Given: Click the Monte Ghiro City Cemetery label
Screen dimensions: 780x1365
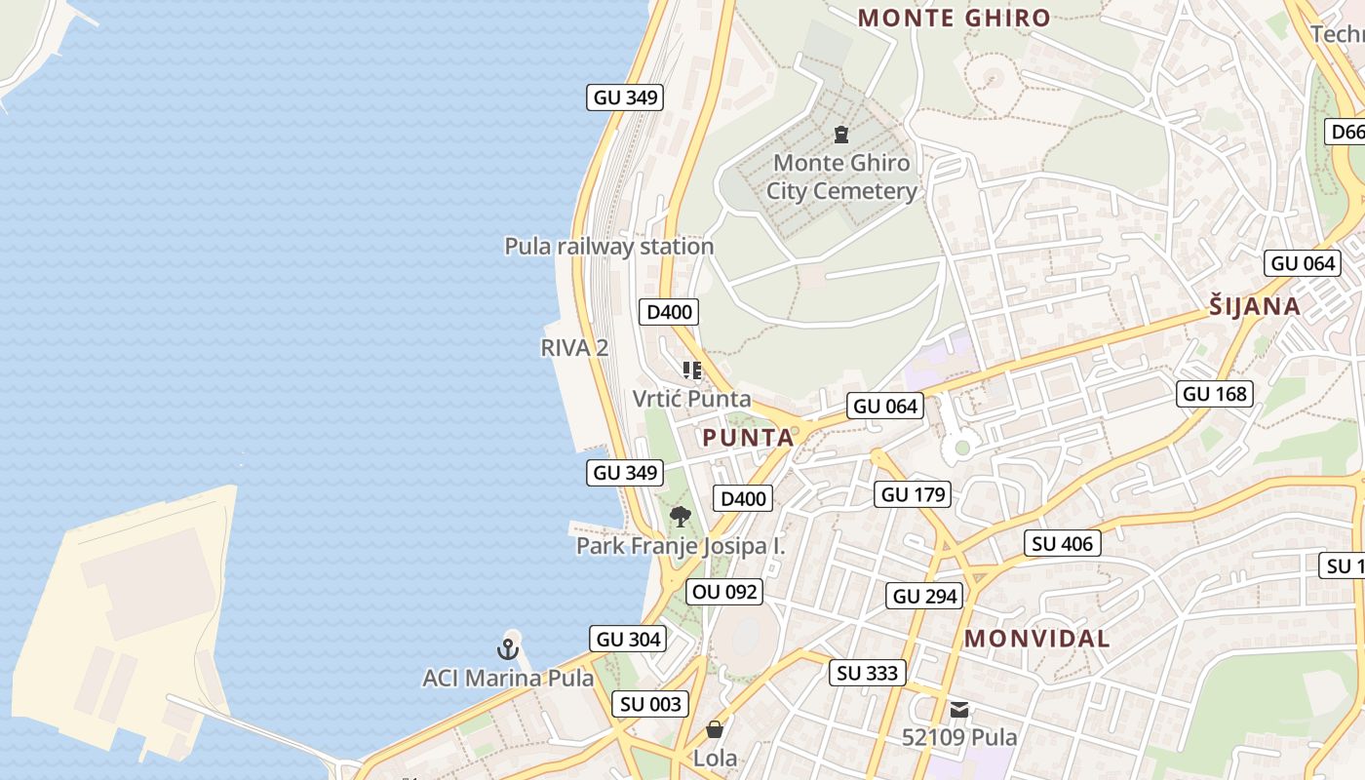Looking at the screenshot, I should (x=841, y=176).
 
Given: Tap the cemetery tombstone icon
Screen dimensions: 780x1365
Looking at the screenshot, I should (x=841, y=135).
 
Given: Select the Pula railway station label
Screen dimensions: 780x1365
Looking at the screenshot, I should (x=608, y=247).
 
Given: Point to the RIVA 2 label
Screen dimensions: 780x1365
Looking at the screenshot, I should (x=574, y=348).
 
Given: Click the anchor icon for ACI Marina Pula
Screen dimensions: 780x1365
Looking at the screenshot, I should (x=508, y=648).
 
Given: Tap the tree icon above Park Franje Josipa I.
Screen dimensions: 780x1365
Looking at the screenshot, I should (x=681, y=517).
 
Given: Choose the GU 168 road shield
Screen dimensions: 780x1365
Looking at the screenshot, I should (x=1214, y=394).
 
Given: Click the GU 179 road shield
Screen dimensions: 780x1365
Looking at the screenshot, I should (x=913, y=494).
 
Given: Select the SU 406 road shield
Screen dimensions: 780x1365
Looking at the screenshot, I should (x=1063, y=543).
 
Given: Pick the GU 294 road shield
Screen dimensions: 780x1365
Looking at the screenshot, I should (x=925, y=596).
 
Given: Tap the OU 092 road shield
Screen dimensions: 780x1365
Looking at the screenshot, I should (x=723, y=592).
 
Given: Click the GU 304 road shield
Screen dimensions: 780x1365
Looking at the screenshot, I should (x=628, y=640).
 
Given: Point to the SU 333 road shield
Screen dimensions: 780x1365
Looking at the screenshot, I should (x=868, y=673).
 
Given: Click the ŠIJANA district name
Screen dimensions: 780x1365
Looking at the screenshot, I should (x=1255, y=306).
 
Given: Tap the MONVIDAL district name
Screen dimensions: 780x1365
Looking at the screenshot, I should (x=1037, y=639).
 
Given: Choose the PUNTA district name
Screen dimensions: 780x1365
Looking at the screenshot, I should (x=748, y=438).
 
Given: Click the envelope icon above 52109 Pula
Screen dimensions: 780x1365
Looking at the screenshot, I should (x=959, y=710).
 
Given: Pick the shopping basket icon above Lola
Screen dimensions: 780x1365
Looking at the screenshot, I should (x=715, y=729).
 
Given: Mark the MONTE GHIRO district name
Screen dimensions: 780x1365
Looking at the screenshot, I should (x=954, y=18).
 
